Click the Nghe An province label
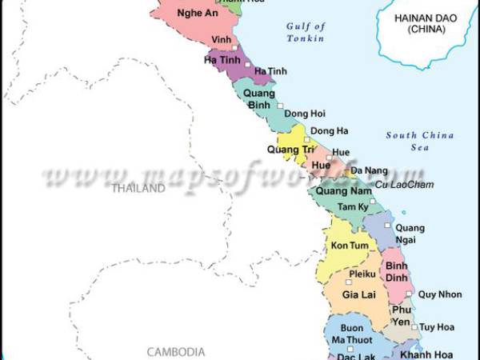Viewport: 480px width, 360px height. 198,14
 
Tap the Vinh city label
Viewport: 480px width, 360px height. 220,38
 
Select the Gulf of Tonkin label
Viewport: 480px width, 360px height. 306,32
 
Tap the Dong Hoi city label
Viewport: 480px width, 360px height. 303,114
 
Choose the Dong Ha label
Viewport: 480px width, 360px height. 328,131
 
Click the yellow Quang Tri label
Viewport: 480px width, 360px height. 290,149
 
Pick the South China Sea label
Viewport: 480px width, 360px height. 419,141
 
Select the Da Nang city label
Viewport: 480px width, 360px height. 369,170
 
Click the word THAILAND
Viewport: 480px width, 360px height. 138,189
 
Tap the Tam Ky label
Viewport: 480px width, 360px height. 351,207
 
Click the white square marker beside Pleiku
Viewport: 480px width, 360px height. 349,282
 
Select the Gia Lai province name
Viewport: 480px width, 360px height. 359,295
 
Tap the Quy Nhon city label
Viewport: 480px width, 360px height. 440,294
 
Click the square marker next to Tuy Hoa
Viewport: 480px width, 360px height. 414,326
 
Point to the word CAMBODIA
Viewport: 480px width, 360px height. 176,351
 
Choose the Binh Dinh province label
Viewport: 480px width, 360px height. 397,272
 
